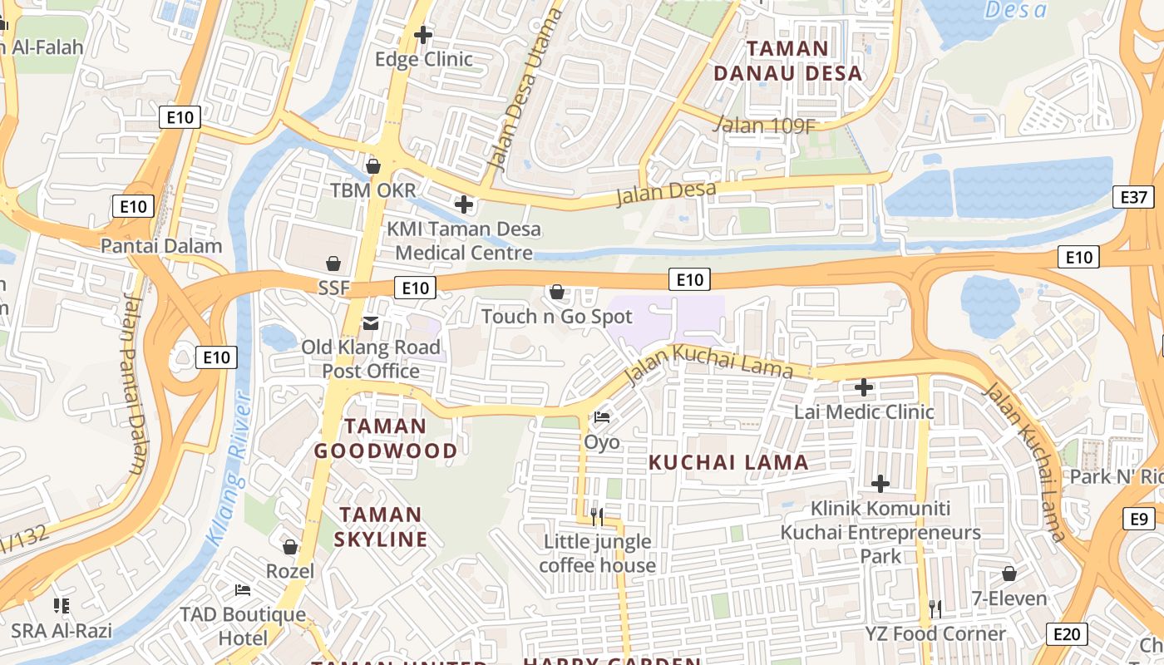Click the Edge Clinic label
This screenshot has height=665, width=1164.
tap(424, 59)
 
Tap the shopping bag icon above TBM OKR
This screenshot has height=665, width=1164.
tap(373, 166)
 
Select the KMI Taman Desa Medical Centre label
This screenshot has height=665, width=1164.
tap(464, 240)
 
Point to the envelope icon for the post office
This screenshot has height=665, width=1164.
tap(370, 323)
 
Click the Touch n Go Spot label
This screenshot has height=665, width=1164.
tap(557, 317)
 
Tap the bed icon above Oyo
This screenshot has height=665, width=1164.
tap(602, 417)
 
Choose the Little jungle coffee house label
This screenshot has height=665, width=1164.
tap(597, 554)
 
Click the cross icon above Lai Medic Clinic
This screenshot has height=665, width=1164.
tap(864, 387)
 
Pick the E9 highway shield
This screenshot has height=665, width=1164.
tap(1138, 519)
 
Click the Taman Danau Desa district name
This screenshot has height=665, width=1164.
tap(787, 61)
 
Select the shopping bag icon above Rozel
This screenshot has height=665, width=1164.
tap(290, 547)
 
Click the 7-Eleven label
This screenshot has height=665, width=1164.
tap(1009, 598)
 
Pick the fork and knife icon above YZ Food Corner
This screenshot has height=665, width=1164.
tap(935, 609)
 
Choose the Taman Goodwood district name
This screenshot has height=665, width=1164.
tap(385, 439)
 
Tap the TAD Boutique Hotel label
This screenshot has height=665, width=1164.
tap(244, 626)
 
